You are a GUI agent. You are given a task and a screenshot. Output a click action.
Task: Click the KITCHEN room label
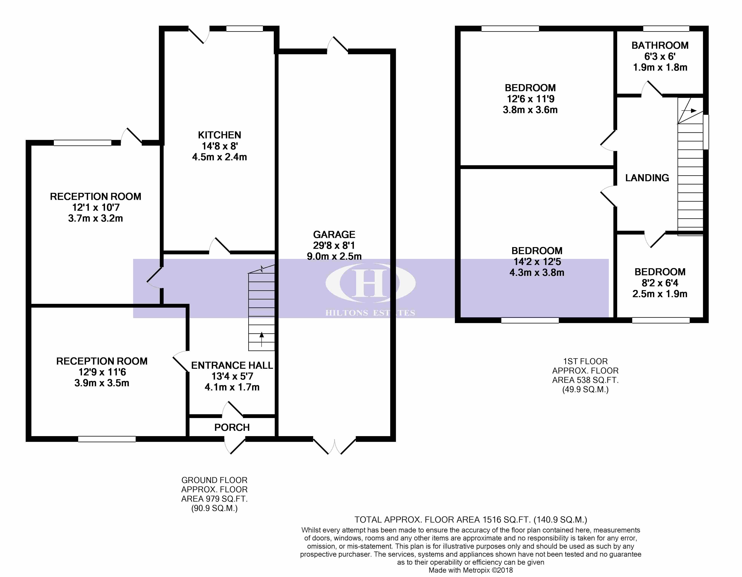pos(220,135)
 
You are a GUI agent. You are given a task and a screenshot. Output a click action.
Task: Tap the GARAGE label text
pos(334,235)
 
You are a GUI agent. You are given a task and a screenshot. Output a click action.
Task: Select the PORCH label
pos(232,427)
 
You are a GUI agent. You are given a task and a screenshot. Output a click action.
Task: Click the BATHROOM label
pos(660,45)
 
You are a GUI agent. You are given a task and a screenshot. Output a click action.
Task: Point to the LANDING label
pos(647,178)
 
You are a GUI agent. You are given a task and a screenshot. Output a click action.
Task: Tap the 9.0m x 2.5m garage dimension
pos(334,256)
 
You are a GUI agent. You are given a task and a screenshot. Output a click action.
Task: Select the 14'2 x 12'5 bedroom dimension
pos(537,262)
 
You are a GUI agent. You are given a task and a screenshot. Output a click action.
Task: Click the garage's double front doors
pos(334,446)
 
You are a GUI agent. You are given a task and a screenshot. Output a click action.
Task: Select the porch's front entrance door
pos(234,445)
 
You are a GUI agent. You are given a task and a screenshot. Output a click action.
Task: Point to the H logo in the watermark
pos(370,283)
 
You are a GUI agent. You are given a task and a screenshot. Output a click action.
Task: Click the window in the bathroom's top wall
pos(666,29)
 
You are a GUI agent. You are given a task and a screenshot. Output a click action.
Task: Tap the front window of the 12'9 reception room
pos(107,439)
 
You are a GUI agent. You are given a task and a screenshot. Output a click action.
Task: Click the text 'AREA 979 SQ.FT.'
pos(214,499)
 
